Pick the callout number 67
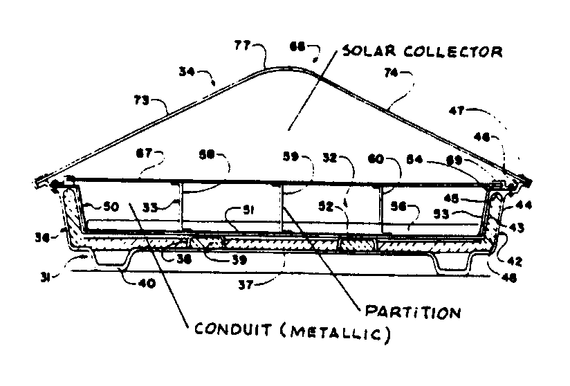pyautogui.click(x=146, y=151)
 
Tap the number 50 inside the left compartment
pyautogui.click(x=111, y=207)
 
